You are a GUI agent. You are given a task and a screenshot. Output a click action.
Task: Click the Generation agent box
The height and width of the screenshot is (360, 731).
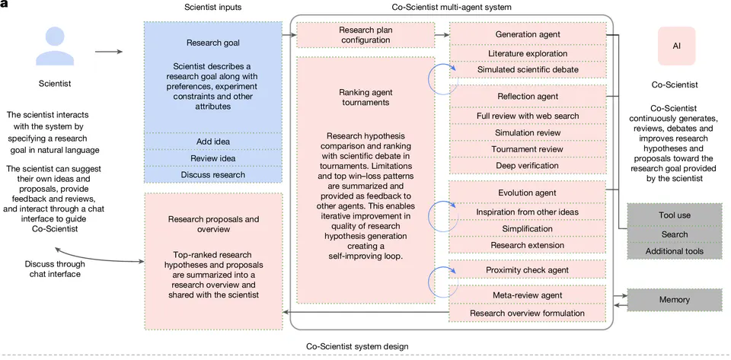pos(527,34)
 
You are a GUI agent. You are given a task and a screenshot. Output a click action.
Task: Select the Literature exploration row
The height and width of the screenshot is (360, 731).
pos(527,53)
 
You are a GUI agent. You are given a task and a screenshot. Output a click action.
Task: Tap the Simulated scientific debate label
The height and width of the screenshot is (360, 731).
pos(527,69)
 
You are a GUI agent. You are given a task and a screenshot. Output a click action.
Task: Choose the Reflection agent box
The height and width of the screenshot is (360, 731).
pos(527,97)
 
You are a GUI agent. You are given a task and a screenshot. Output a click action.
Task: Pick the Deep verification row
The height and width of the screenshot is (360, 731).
pos(527,166)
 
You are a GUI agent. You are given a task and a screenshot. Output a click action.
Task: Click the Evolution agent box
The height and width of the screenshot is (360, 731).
pos(527,193)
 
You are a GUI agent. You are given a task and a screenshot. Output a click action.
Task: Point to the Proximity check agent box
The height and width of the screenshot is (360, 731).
pos(527,270)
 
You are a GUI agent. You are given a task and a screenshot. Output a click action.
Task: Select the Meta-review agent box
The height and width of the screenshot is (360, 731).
pos(527,295)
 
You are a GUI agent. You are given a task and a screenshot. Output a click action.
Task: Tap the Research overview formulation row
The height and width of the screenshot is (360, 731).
pos(527,313)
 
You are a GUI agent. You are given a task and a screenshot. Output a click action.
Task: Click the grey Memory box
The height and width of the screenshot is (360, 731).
pos(674,299)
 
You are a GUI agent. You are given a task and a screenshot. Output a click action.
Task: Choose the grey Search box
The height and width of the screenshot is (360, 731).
pos(674,234)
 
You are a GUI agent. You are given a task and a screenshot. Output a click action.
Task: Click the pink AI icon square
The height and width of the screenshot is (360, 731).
pos(676,46)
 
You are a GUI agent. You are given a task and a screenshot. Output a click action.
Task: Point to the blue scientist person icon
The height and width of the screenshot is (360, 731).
pos(55,46)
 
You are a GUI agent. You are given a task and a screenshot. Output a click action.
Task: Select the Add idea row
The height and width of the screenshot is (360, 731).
pos(213,141)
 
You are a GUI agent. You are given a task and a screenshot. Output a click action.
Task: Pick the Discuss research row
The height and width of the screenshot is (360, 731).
pos(213,174)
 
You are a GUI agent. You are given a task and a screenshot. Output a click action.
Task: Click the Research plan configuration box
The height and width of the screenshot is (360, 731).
pos(365,35)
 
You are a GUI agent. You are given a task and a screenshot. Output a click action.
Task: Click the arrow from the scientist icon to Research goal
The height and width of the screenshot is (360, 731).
pos(109,52)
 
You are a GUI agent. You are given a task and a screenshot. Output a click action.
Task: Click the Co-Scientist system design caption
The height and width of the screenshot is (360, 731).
pos(357,346)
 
